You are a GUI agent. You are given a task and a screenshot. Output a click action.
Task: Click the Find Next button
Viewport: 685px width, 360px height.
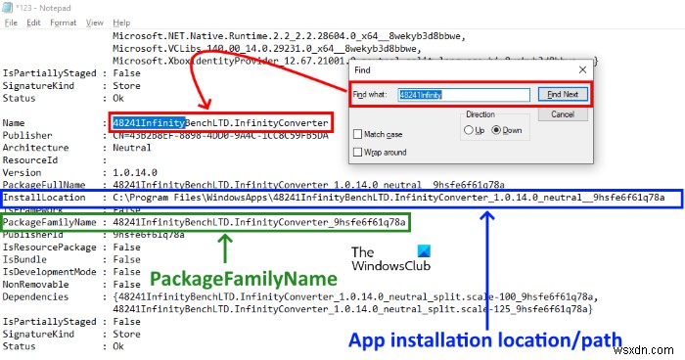tap(562, 95)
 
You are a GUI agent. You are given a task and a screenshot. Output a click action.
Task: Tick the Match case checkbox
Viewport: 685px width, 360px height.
tap(358, 133)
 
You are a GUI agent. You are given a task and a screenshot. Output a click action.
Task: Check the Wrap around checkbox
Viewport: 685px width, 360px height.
tap(358, 152)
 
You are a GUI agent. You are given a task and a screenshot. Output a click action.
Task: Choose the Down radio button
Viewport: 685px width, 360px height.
tap(496, 129)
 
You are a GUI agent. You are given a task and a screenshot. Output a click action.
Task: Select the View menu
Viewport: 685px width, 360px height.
tap(96, 22)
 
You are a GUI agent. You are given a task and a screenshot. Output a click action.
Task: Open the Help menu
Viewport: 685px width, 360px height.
tap(121, 22)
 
